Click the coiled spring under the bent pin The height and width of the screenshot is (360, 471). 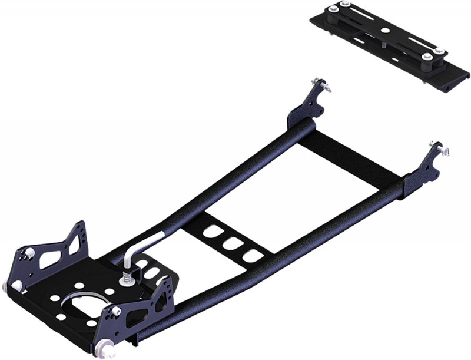click(126, 274)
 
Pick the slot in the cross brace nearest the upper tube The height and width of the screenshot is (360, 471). click(210, 230)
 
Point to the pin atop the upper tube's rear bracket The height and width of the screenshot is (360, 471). click(321, 84)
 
